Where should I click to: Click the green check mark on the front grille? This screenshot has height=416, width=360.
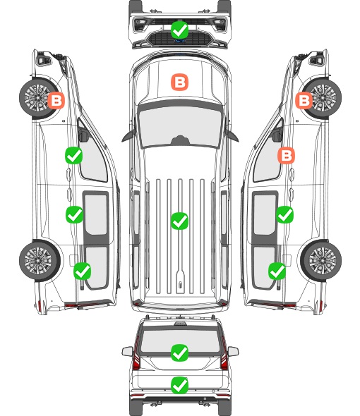pyautogui.click(x=179, y=30)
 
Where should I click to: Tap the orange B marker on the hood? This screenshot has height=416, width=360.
pyautogui.click(x=179, y=82)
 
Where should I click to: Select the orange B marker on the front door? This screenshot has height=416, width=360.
pyautogui.click(x=286, y=155)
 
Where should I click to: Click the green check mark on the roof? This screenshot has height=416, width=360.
pyautogui.click(x=179, y=221)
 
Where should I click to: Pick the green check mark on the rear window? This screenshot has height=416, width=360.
pyautogui.click(x=179, y=353)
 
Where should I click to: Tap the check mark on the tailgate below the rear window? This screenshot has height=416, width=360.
pyautogui.click(x=179, y=385)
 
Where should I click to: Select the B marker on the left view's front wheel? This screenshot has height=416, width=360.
pyautogui.click(x=56, y=101)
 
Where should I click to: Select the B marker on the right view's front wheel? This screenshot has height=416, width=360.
pyautogui.click(x=304, y=101)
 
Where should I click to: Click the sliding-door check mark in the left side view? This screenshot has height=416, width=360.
pyautogui.click(x=74, y=214)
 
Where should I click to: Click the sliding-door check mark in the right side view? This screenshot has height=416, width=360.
pyautogui.click(x=284, y=214)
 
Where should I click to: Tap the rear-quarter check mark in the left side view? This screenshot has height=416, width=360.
pyautogui.click(x=83, y=271)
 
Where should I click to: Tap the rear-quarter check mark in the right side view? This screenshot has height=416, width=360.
pyautogui.click(x=277, y=271)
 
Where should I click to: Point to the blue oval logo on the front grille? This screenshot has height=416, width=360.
pyautogui.click(x=180, y=41)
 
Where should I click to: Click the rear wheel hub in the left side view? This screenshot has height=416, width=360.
pyautogui.click(x=39, y=260)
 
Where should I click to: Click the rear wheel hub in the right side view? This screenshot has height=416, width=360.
pyautogui.click(x=323, y=260)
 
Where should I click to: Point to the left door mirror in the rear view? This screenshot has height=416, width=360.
pyautogui.click(x=127, y=351)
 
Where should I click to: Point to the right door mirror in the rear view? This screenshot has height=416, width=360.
pyautogui.click(x=233, y=351)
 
